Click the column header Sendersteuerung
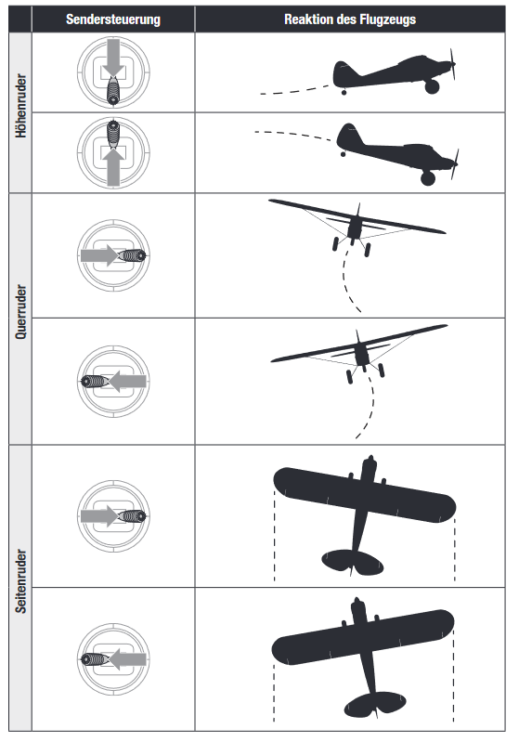coord(113,20)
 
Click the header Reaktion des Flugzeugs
coord(350,20)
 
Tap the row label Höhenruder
coord(20,106)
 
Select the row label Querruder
coord(20,311)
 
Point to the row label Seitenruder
coord(20,581)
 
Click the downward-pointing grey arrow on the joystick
coord(113,58)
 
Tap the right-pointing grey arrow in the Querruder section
coord(99,255)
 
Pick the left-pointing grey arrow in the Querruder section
coord(128,382)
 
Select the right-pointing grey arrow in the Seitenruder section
coord(99,515)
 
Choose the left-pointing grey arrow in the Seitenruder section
coord(128,659)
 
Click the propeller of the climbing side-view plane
coord(453,64)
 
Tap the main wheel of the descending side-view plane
coord(428,178)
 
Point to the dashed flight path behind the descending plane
coord(293,135)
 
